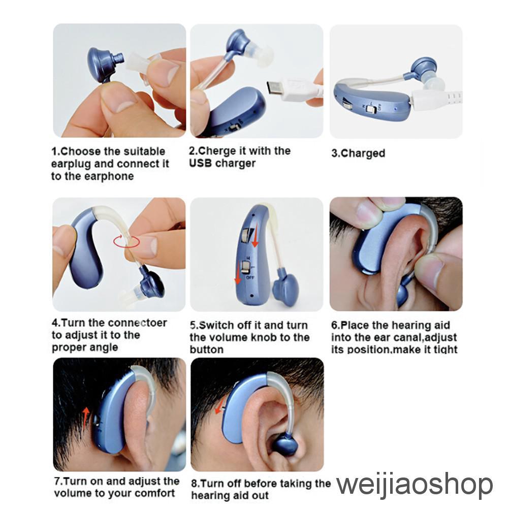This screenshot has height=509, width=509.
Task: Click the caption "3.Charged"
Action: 358,153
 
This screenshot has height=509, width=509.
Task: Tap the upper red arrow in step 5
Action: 255,235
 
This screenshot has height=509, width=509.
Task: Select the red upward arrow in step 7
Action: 86,418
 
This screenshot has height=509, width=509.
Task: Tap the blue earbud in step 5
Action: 285,287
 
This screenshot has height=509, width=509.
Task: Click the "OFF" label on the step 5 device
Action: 250,277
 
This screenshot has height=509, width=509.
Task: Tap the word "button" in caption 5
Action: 206,349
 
